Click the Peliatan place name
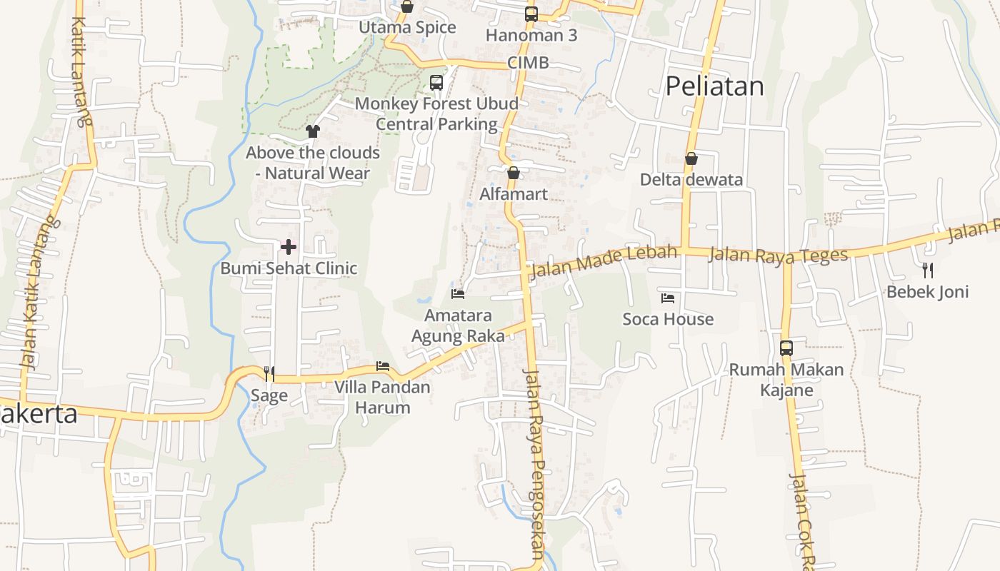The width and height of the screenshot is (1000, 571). coord(715,86)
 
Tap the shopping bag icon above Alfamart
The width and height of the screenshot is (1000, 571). coord(513,173)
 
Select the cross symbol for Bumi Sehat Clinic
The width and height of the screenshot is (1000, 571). coord(289,247)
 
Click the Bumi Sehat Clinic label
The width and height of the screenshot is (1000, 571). coord(289,268)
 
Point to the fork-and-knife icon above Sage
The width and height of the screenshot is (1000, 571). coord(269,373)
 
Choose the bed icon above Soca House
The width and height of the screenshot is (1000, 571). coord(668,298)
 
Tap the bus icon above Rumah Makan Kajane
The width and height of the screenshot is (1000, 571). coord(786,348)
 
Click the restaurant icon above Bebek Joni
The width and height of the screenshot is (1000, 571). coord(928,270)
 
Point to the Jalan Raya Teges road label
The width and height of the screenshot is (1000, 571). coord(778,255)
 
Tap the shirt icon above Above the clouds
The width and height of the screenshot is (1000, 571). coord(313,131)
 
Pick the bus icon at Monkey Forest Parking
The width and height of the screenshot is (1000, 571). coord(436,82)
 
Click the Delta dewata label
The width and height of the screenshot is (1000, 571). coord(691,180)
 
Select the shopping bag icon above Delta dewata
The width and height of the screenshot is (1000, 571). coord(691,158)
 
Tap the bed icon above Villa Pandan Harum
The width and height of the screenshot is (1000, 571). coord(383,367)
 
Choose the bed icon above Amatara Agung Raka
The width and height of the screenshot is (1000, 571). coord(458,293)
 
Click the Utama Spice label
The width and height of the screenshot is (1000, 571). coord(407,28)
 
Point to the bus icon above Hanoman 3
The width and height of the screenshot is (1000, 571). coord(531,14)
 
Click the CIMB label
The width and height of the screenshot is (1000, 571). coord(529,63)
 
